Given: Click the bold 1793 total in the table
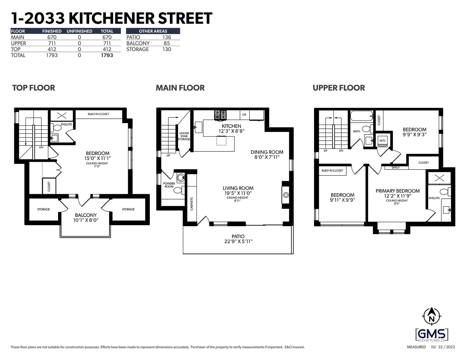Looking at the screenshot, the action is click(107, 55).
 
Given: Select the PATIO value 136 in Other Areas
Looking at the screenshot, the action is click(167, 37).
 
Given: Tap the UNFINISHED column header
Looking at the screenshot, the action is click(79, 31).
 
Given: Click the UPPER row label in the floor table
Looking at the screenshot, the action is click(18, 43).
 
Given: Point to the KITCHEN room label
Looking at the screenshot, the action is click(231, 126).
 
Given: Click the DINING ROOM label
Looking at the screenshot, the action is click(267, 152).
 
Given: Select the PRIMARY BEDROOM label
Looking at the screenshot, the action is click(398, 191).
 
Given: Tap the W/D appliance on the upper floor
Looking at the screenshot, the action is click(382, 141).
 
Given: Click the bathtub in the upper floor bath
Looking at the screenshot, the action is click(361, 116).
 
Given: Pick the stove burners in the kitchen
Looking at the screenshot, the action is click(220, 115).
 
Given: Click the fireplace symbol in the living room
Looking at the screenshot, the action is click(286, 195).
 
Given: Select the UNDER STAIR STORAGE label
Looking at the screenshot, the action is click(184, 136).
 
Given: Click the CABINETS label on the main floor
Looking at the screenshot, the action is click(192, 204).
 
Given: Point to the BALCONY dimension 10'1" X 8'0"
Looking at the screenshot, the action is click(86, 220).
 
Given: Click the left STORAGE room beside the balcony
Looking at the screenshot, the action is click(43, 209).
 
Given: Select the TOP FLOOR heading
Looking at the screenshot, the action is click(34, 88).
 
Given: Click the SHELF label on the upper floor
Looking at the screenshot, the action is click(396, 167).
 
